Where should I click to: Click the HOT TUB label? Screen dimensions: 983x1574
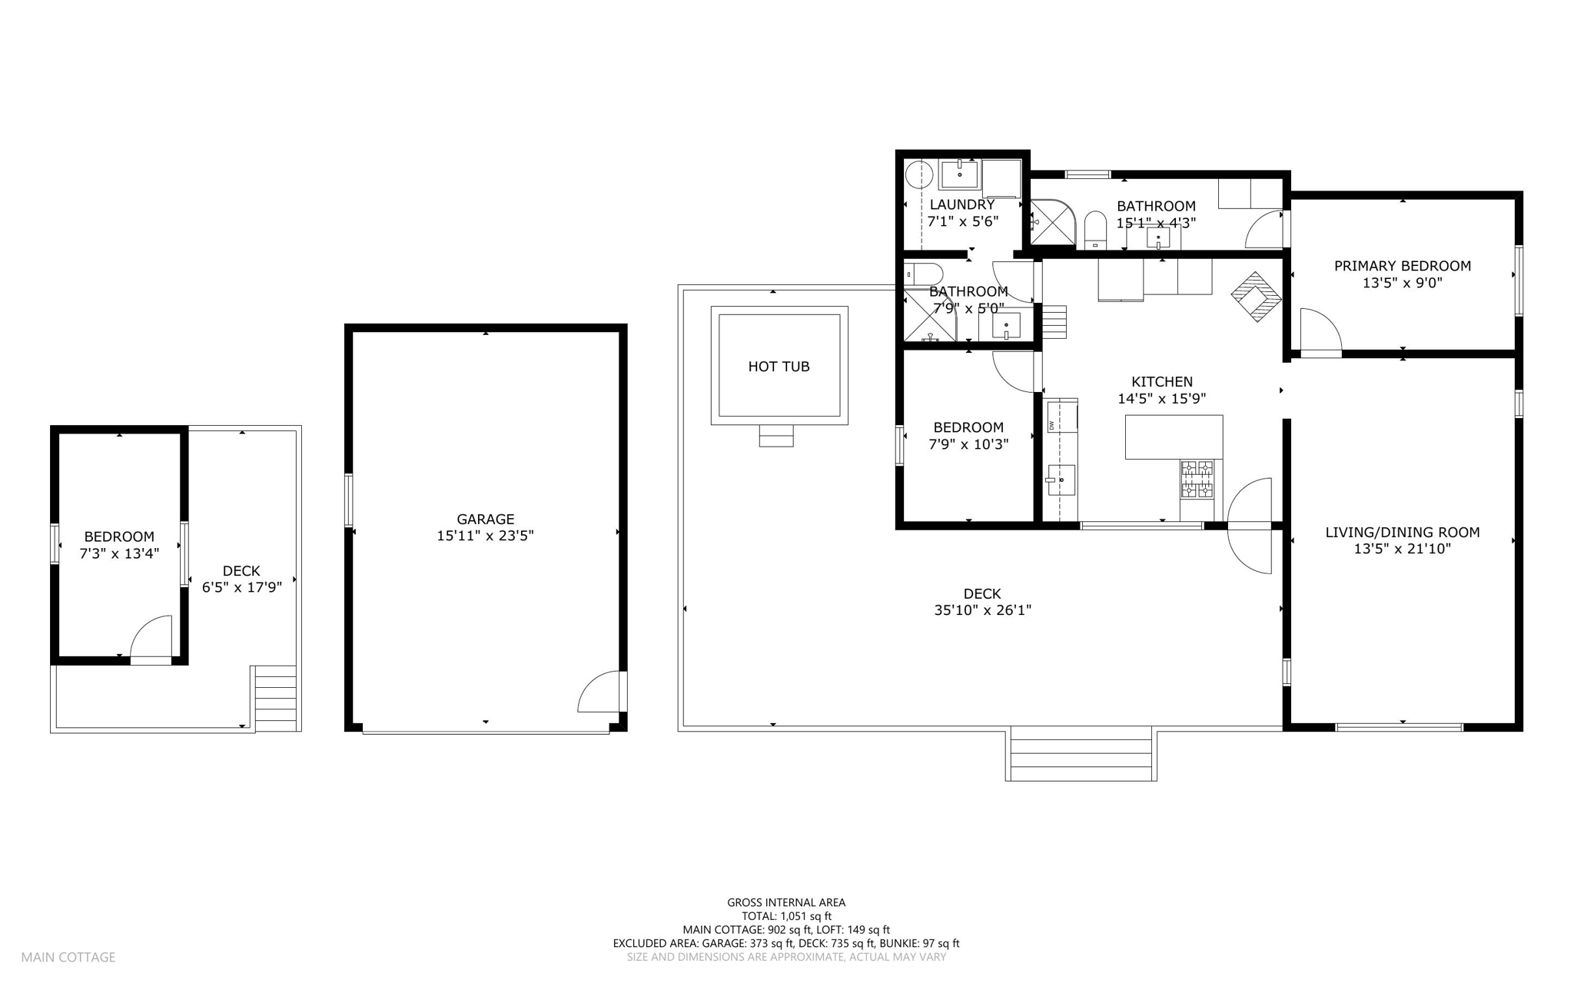click(x=779, y=367)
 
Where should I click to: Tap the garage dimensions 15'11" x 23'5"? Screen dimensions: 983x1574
click(x=485, y=536)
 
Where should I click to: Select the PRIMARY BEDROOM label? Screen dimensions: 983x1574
click(x=1402, y=266)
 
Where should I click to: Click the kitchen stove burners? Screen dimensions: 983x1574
click(x=1197, y=479)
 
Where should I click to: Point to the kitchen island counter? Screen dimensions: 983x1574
click(x=1173, y=437)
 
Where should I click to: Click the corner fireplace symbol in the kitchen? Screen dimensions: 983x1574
click(x=1257, y=297)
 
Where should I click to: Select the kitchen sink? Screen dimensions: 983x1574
click(x=1061, y=480)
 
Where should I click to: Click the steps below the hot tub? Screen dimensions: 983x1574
click(x=775, y=436)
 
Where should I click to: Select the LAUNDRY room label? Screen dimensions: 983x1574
click(x=961, y=204)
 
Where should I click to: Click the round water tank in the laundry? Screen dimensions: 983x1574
click(x=918, y=175)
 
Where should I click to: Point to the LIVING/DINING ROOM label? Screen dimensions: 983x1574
click(x=1402, y=532)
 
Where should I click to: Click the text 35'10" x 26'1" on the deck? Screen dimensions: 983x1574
click(x=981, y=610)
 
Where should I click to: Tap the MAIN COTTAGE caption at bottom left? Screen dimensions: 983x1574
click(x=68, y=957)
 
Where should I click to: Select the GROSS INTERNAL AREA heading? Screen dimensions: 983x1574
click(x=785, y=902)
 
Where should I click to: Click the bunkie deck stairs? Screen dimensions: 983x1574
click(x=275, y=698)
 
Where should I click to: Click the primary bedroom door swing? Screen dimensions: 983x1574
click(x=1320, y=331)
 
